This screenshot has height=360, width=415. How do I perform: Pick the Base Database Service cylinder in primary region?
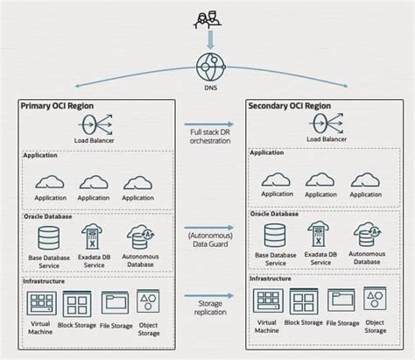pos(49,236)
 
